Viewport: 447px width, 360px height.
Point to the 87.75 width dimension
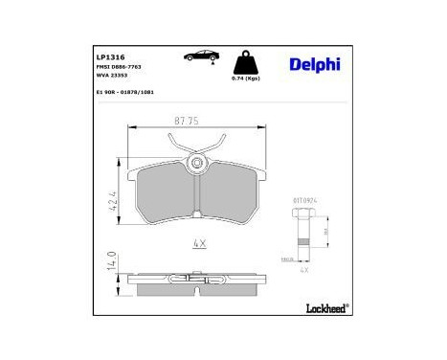pyautogui.click(x=190, y=121)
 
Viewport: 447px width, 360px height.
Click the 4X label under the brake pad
pyautogui.click(x=199, y=243)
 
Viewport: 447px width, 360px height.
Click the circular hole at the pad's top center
pyautogui.click(x=198, y=164)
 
